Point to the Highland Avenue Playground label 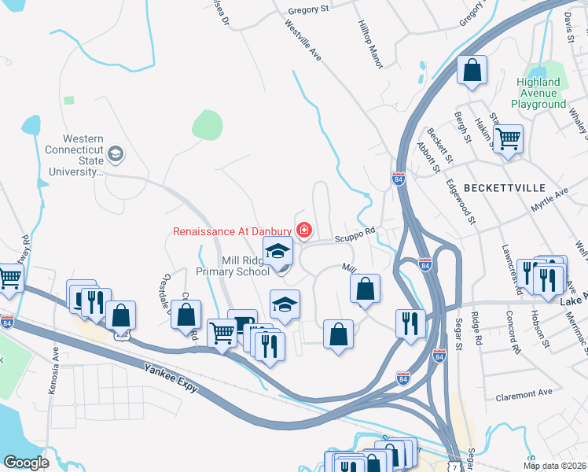(x=538, y=93)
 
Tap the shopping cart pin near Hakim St (x=509, y=139)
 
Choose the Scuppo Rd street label (x=355, y=234)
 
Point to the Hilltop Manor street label (x=369, y=44)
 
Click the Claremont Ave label (x=524, y=393)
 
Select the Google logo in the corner (x=27, y=462)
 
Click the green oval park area (x=207, y=124)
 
